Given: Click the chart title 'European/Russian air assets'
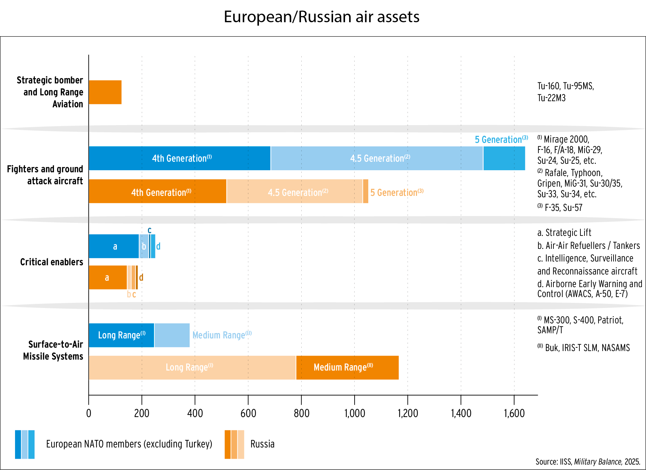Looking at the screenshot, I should point(321,17).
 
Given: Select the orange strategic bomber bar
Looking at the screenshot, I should point(105,92).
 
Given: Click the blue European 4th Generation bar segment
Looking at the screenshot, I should point(179,158).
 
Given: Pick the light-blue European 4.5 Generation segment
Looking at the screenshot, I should point(376,158).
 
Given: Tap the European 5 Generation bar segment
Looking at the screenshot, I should point(504,158).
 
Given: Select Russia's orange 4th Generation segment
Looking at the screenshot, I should point(157,191).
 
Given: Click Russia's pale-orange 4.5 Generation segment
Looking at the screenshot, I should point(294,191).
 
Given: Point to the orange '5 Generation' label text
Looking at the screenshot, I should point(397,192).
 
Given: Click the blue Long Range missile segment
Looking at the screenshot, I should point(121,335).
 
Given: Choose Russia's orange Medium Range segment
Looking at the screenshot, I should point(347,367).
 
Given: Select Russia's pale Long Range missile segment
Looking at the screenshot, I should point(192,367).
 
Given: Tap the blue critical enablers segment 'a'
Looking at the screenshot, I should point(114,246).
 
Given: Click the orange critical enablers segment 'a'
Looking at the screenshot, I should point(108,278).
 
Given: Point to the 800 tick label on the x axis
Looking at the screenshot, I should point(301,413).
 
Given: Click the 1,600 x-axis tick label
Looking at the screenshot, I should point(514,413).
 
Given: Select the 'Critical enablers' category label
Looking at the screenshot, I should point(52,262).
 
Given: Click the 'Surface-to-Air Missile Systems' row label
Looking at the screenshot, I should point(53,350).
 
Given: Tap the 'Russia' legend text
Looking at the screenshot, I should point(262,444).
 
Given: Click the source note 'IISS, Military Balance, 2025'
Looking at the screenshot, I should point(588,462).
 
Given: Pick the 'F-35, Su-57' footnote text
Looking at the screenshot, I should point(563,207).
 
